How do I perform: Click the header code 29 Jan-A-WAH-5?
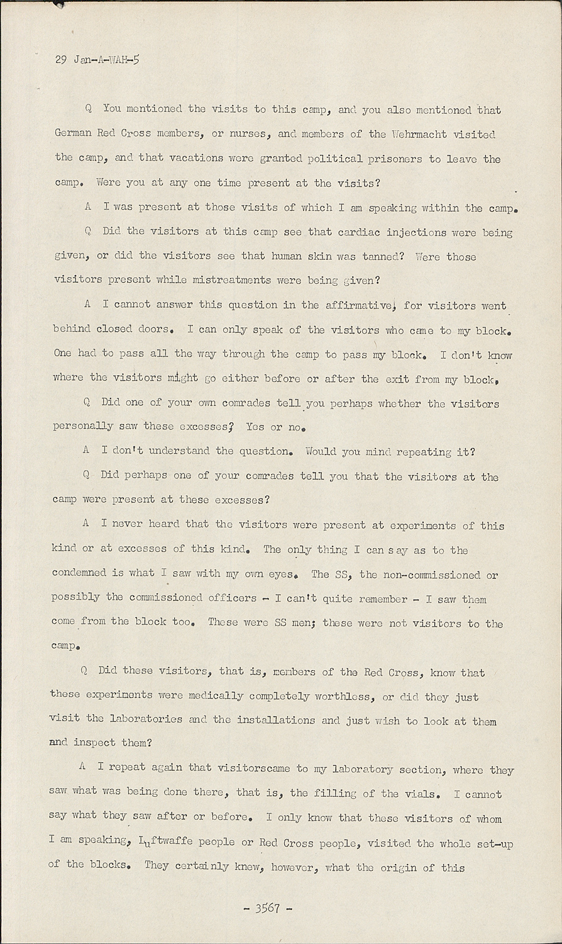[x=97, y=60]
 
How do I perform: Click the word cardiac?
[x=358, y=232]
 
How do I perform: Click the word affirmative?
[x=360, y=305]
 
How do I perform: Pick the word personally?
[x=82, y=427]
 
